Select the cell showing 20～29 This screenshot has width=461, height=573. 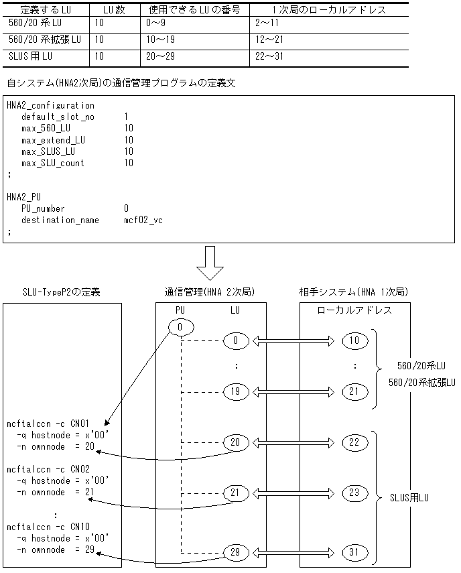(161, 56)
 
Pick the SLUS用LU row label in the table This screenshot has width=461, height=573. (30, 56)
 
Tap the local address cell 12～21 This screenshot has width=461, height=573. (269, 40)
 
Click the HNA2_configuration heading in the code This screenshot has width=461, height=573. (50, 105)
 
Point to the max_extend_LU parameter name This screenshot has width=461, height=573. (53, 140)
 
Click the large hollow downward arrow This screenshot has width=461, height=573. (209, 262)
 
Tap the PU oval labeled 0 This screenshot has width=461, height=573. (182, 327)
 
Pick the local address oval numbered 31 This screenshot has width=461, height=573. (354, 552)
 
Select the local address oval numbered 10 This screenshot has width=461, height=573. (354, 340)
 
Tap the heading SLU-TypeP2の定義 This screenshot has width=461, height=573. (62, 293)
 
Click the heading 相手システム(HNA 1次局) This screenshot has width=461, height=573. (353, 293)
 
